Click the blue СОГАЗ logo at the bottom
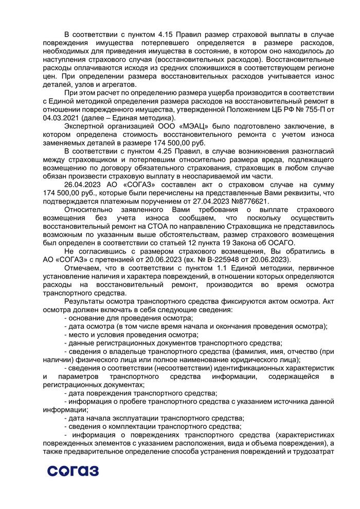[x=73, y=469]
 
